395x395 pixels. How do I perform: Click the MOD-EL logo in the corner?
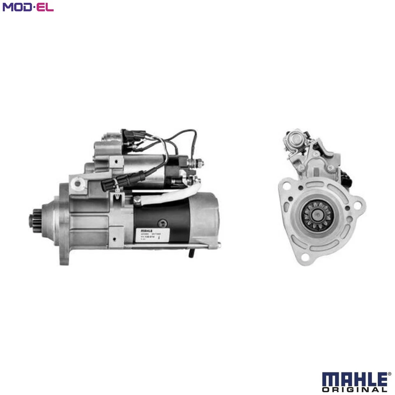point(28,7)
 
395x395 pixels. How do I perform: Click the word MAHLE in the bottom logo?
point(354,379)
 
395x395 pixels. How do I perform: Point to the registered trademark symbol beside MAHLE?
point(389,374)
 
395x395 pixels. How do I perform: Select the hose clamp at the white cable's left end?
point(137,200)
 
